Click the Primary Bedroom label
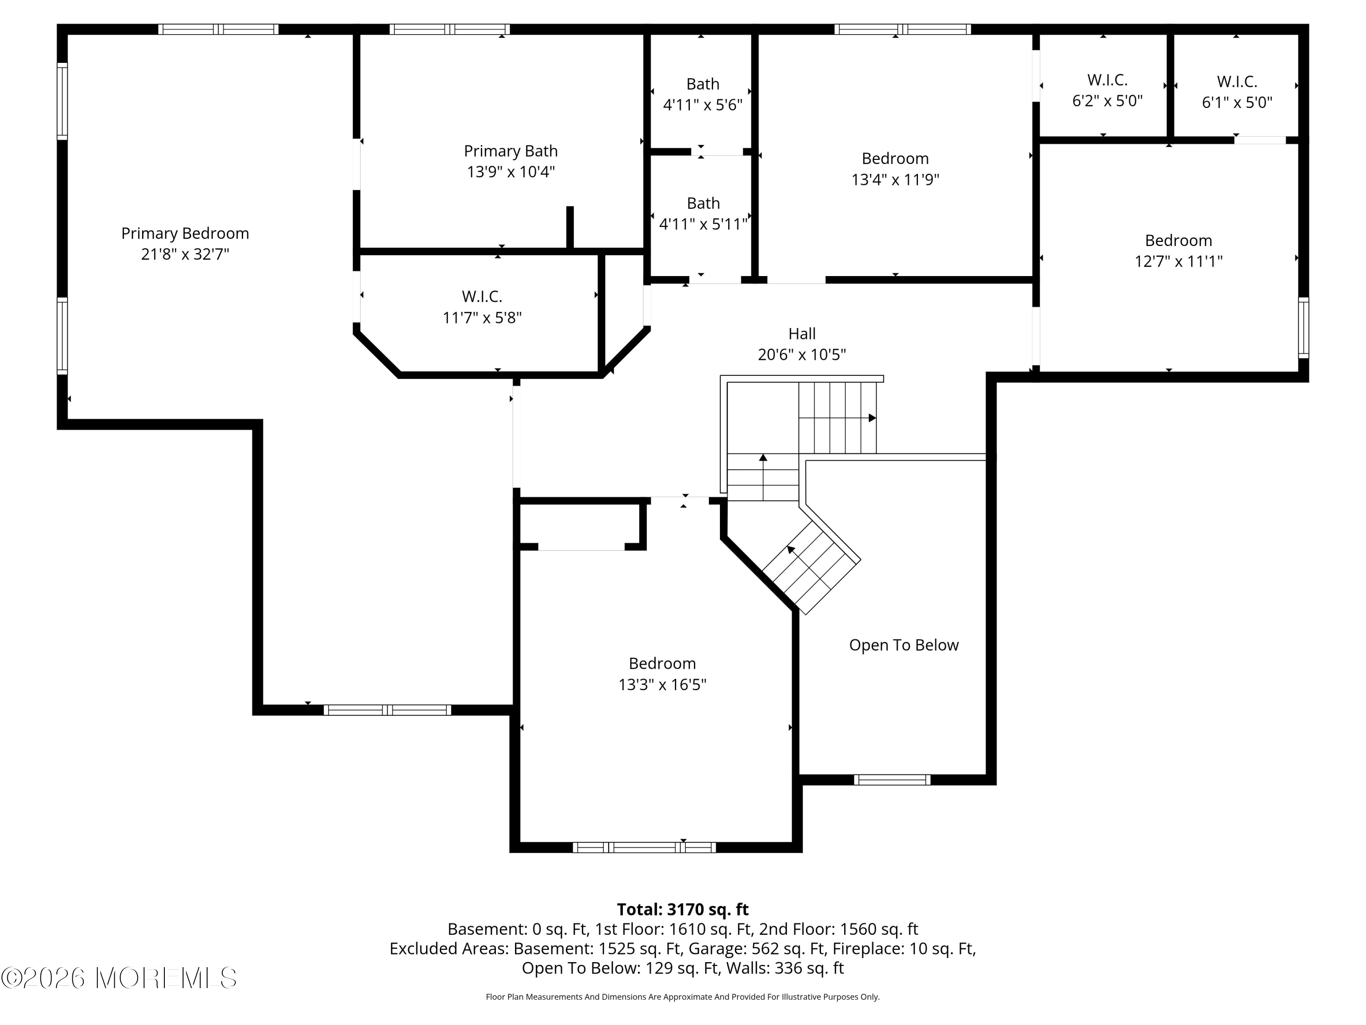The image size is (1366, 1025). [185, 234]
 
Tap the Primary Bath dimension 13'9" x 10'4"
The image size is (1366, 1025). [511, 172]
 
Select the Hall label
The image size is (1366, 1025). [801, 333]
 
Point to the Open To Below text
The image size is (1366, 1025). [903, 645]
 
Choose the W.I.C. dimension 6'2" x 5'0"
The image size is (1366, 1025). [1107, 101]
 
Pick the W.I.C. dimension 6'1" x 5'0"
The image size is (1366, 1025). [1237, 102]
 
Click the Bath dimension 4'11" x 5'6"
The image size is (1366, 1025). [703, 105]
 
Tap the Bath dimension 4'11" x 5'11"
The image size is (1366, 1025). [703, 224]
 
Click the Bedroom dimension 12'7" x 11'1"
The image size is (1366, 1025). [1178, 261]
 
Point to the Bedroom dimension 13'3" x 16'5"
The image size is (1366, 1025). [662, 685]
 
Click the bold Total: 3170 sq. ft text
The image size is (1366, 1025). [683, 909]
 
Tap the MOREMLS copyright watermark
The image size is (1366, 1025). [118, 978]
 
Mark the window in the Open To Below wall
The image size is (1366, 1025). [892, 780]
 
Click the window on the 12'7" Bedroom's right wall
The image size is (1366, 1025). [1303, 328]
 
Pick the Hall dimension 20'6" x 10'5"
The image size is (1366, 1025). [801, 354]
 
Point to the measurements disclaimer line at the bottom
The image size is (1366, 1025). [683, 997]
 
